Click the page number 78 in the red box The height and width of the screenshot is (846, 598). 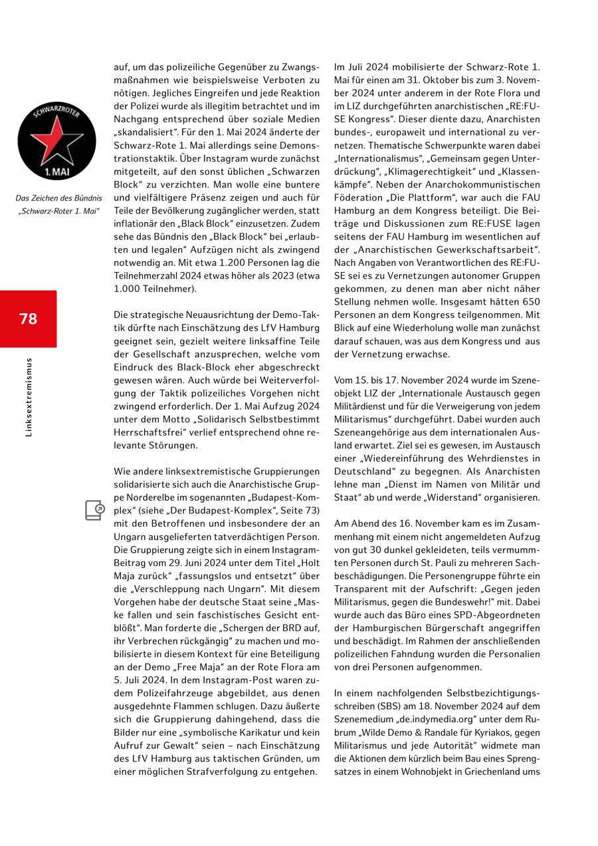click(29, 319)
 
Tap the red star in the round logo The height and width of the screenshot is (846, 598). click(47, 137)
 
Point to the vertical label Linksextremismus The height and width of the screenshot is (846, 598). click(29, 397)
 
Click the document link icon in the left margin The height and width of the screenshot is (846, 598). click(95, 510)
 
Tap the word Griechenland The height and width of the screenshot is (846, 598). click(485, 772)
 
